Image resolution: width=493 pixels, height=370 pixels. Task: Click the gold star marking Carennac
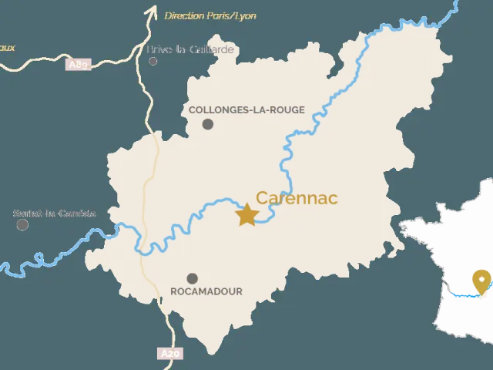(x=246, y=214)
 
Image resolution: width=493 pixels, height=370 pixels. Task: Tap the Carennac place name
(x=297, y=198)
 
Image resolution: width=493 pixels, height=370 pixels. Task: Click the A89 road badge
(x=79, y=65)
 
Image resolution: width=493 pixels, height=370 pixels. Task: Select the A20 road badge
(x=170, y=354)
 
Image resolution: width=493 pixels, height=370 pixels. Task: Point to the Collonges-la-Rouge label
(x=246, y=110)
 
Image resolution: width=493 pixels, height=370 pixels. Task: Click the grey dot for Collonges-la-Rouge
(x=208, y=124)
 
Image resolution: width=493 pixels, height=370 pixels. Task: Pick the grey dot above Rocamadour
(x=192, y=278)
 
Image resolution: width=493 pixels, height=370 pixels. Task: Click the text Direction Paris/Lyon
(x=210, y=15)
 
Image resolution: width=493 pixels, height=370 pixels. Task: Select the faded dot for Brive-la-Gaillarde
(x=153, y=61)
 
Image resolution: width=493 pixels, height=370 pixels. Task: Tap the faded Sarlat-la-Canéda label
(x=55, y=214)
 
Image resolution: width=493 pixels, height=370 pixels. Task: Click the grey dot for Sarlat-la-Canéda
(x=23, y=224)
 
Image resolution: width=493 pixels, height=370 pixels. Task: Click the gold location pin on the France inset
(x=482, y=282)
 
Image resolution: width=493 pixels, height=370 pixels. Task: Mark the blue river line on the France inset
(x=462, y=294)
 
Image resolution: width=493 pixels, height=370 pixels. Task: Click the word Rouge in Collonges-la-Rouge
(x=287, y=110)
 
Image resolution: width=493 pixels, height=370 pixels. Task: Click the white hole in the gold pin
(x=482, y=279)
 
